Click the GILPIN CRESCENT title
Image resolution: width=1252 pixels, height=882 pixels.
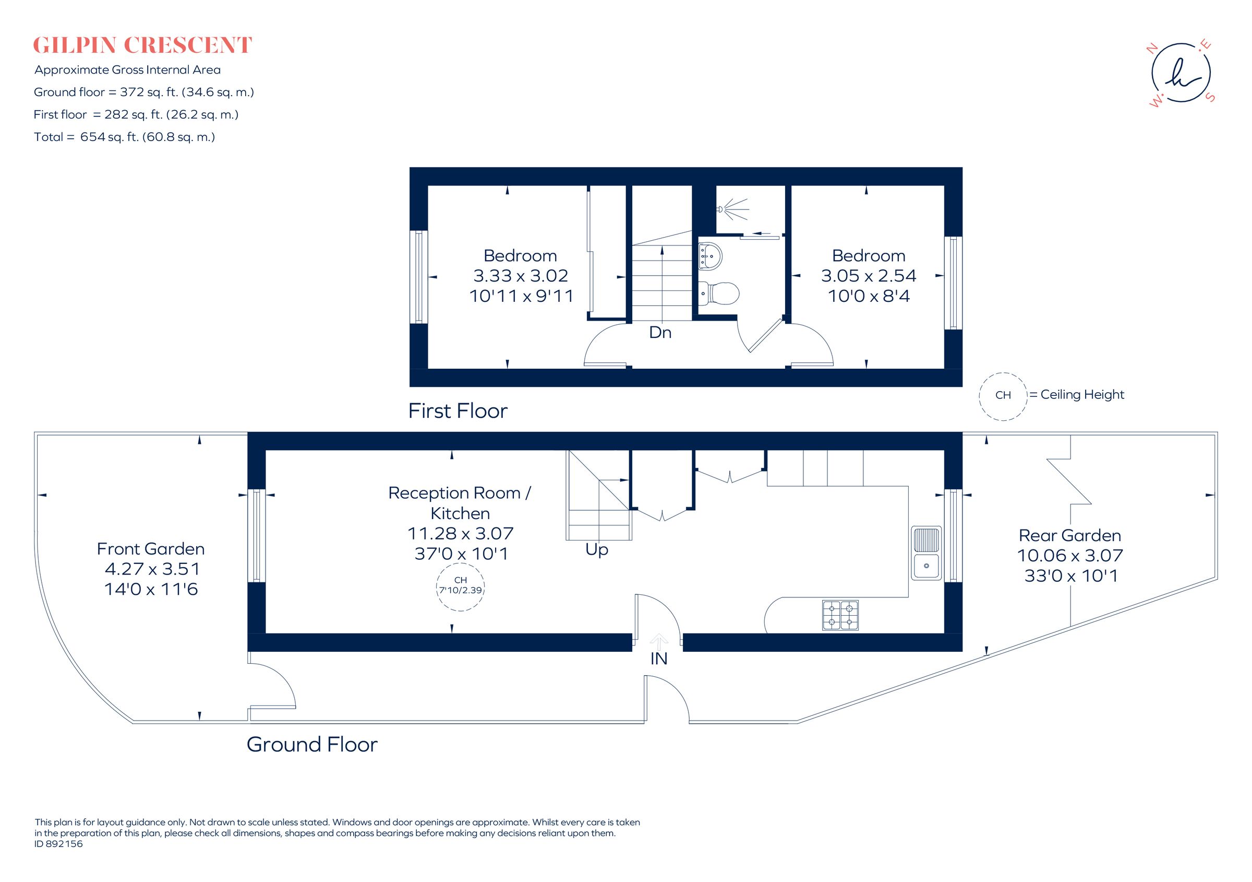[142, 45]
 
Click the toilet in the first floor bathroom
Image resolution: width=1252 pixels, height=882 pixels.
[720, 293]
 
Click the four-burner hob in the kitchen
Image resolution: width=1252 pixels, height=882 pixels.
[840, 615]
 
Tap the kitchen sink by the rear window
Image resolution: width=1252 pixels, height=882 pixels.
[926, 552]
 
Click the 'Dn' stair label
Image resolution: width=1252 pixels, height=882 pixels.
[660, 333]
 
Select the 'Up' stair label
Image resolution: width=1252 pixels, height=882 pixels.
[597, 549]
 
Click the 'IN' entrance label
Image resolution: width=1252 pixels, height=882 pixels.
[659, 659]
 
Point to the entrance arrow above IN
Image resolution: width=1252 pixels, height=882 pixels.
[659, 641]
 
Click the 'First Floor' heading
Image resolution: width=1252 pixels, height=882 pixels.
[458, 411]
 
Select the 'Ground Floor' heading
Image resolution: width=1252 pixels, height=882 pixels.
[312, 745]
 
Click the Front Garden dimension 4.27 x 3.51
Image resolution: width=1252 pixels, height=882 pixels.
[152, 569]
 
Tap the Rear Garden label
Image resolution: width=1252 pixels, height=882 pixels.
[1070, 535]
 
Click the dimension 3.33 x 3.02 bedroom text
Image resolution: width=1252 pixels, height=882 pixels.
[520, 276]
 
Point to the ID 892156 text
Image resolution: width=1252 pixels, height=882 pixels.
[59, 844]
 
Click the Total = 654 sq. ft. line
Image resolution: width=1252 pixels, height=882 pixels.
[124, 137]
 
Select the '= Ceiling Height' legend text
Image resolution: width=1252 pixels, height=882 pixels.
[1077, 395]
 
